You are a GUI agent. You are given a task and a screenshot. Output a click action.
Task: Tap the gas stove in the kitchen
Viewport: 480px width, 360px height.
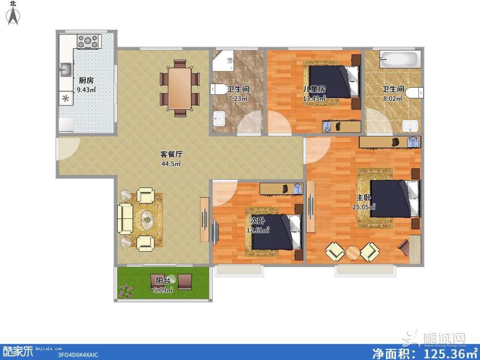pos(89,42)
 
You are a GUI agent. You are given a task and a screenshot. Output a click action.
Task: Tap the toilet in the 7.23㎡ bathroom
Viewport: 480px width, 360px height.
pos(218,89)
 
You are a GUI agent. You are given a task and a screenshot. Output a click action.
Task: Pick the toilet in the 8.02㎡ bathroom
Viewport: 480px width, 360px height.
pos(415,92)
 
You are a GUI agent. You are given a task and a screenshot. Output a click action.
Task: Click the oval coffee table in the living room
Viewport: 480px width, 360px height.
pos(148,219)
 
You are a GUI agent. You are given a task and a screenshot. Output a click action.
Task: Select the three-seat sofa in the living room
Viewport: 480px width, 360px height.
pos(125,219)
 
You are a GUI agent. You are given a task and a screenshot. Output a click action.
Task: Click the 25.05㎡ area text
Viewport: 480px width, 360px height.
pos(364,207)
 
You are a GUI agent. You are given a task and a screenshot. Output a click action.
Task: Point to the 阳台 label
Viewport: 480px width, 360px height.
pos(163,281)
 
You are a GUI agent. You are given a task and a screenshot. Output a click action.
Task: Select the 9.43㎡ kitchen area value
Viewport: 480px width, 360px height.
pos(86,90)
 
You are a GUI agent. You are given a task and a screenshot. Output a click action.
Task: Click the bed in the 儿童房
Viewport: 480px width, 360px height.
pos(334,82)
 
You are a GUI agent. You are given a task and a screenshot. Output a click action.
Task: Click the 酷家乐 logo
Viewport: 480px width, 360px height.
pos(18,351)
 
